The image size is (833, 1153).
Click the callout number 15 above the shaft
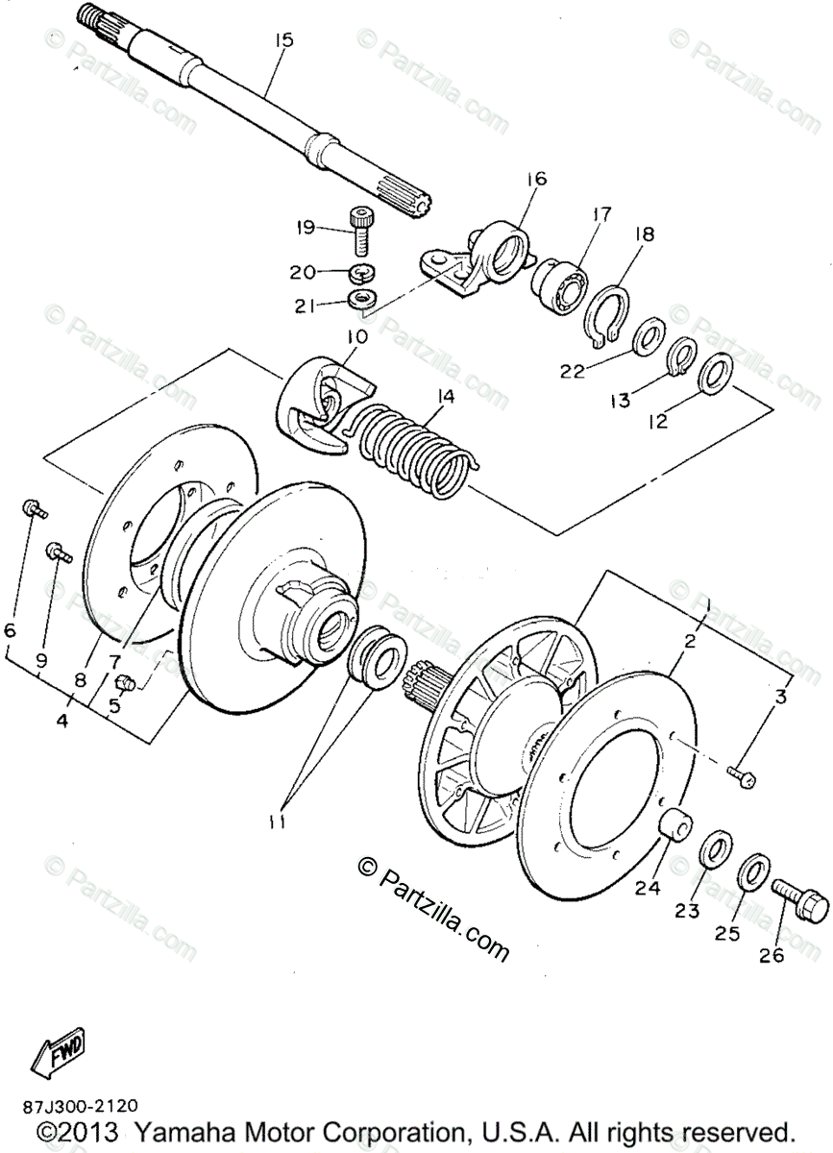(283, 40)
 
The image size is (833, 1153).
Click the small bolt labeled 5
(124, 682)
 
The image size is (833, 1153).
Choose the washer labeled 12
(712, 372)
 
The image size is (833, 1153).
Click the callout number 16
(535, 179)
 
